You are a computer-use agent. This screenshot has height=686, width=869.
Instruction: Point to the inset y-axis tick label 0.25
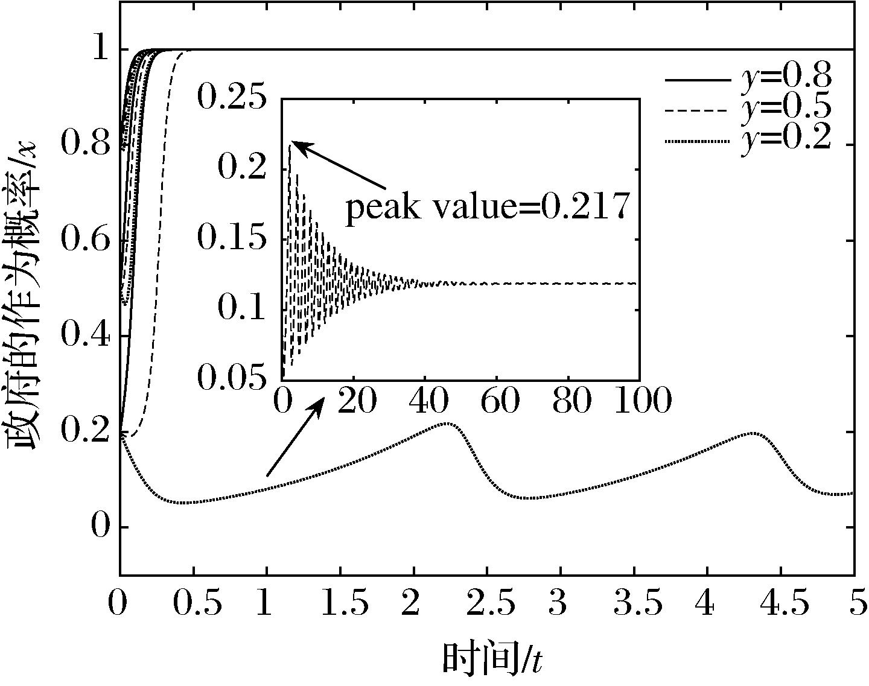[232, 98]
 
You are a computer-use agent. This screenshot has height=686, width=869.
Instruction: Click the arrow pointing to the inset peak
[341, 165]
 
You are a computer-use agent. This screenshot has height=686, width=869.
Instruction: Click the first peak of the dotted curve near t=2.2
[445, 424]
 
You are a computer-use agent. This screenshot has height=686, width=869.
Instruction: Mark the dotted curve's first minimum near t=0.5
[184, 503]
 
